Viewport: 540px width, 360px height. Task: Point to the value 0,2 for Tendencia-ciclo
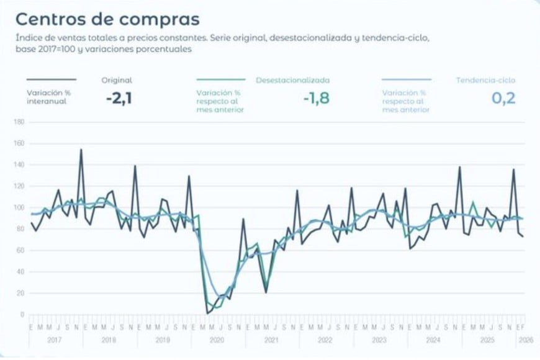click(x=503, y=98)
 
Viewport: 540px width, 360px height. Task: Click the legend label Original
click(x=117, y=80)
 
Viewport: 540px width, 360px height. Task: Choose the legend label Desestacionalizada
click(x=292, y=80)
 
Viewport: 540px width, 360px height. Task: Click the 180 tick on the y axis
click(x=18, y=122)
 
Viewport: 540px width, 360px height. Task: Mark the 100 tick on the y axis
click(x=18, y=208)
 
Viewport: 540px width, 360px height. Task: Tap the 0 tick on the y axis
click(x=21, y=315)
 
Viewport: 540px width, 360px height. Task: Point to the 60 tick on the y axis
click(x=19, y=251)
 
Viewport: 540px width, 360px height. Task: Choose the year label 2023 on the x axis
click(x=378, y=340)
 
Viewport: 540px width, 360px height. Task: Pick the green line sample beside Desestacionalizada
click(x=220, y=79)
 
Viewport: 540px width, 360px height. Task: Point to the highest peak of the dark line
click(x=81, y=150)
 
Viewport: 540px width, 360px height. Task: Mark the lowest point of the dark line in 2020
click(x=207, y=313)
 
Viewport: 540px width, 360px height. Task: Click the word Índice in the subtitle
click(x=28, y=38)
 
